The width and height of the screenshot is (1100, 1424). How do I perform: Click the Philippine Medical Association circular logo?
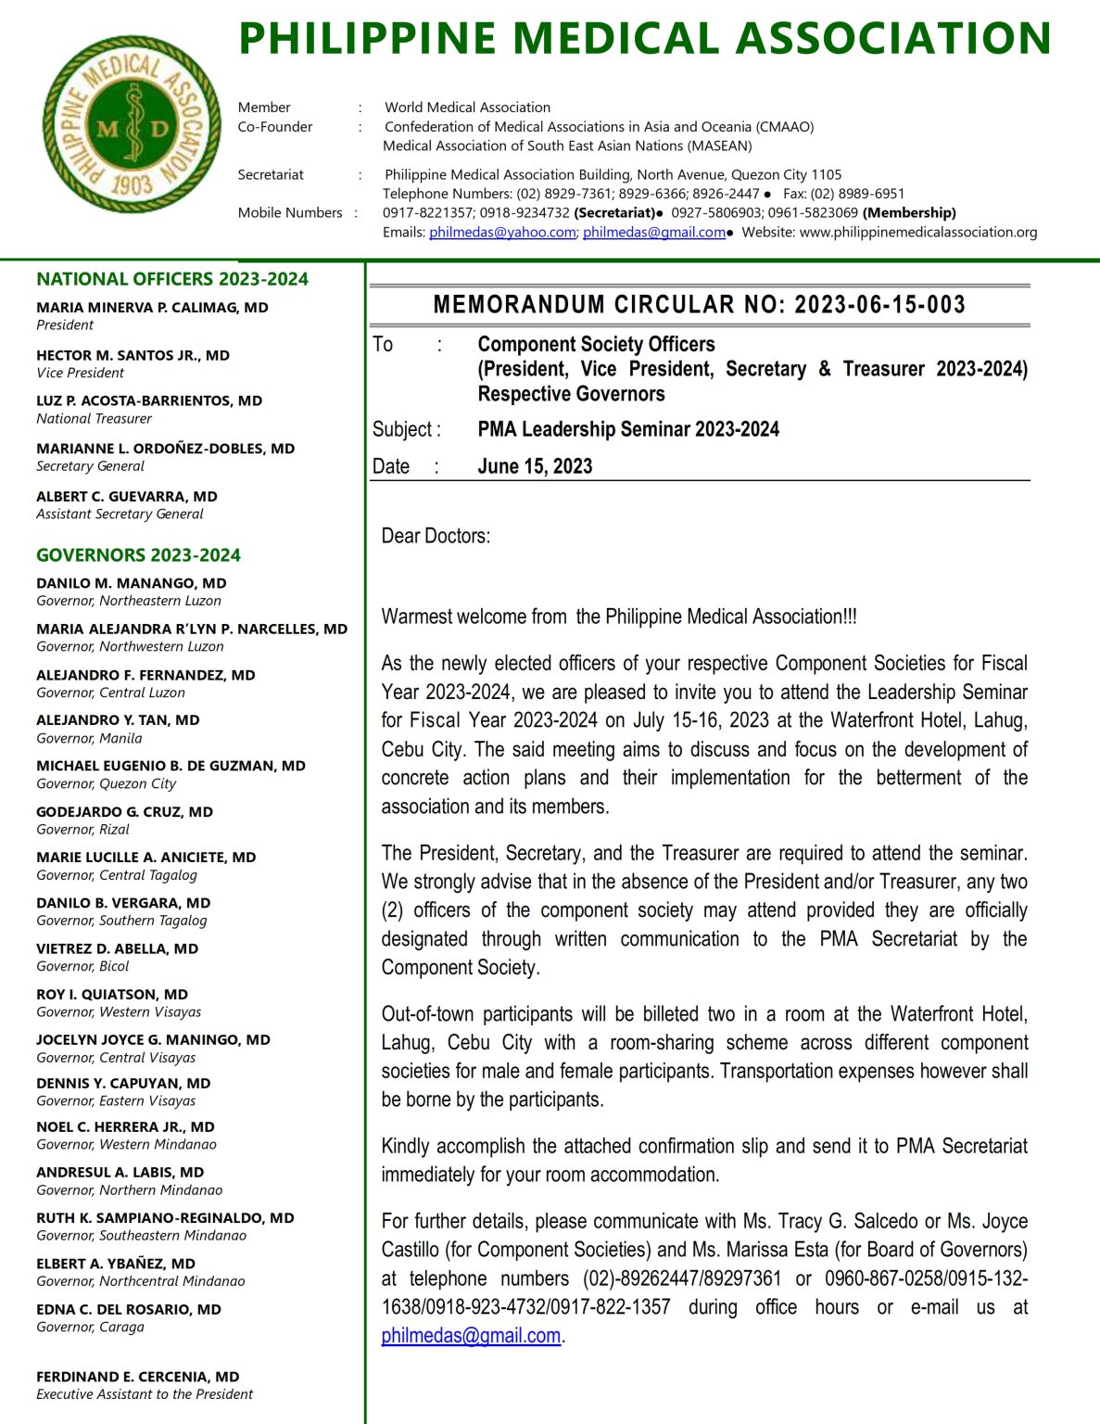132,125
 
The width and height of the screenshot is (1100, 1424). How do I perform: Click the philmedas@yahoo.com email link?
501,233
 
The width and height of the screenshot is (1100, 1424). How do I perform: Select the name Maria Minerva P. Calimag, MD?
152,307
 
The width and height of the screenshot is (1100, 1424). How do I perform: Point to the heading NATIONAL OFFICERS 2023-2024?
172,279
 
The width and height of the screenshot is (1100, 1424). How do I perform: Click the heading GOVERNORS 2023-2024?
138,555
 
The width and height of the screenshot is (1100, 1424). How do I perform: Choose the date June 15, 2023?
535,466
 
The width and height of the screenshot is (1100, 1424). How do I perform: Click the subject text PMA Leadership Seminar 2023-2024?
627,429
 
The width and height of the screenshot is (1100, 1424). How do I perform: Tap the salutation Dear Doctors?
436,536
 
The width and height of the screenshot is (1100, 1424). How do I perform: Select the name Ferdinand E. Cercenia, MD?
137,1377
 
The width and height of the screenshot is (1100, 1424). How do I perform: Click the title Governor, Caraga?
90,1327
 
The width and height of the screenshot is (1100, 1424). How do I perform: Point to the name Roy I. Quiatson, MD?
112,994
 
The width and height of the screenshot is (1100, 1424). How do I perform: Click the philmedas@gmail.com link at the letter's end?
471,1336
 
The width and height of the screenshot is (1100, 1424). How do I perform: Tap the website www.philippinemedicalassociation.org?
917,233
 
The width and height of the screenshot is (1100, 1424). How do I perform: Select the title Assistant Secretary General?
120,514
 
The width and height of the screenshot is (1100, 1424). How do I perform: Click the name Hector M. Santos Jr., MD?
133,355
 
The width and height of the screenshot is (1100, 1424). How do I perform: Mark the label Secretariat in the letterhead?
271,174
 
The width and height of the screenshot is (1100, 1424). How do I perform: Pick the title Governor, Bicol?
82,966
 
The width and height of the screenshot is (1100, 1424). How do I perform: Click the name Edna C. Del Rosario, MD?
129,1309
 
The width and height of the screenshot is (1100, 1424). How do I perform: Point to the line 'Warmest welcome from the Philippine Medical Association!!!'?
618,617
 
